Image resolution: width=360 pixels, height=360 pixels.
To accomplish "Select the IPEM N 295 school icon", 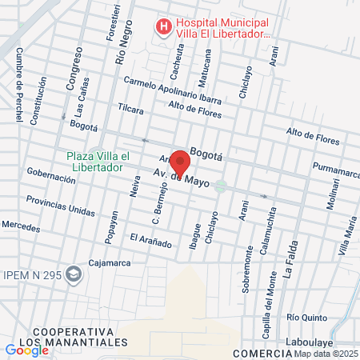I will click(74, 275).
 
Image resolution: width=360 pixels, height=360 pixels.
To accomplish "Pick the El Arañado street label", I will click(150, 240).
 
